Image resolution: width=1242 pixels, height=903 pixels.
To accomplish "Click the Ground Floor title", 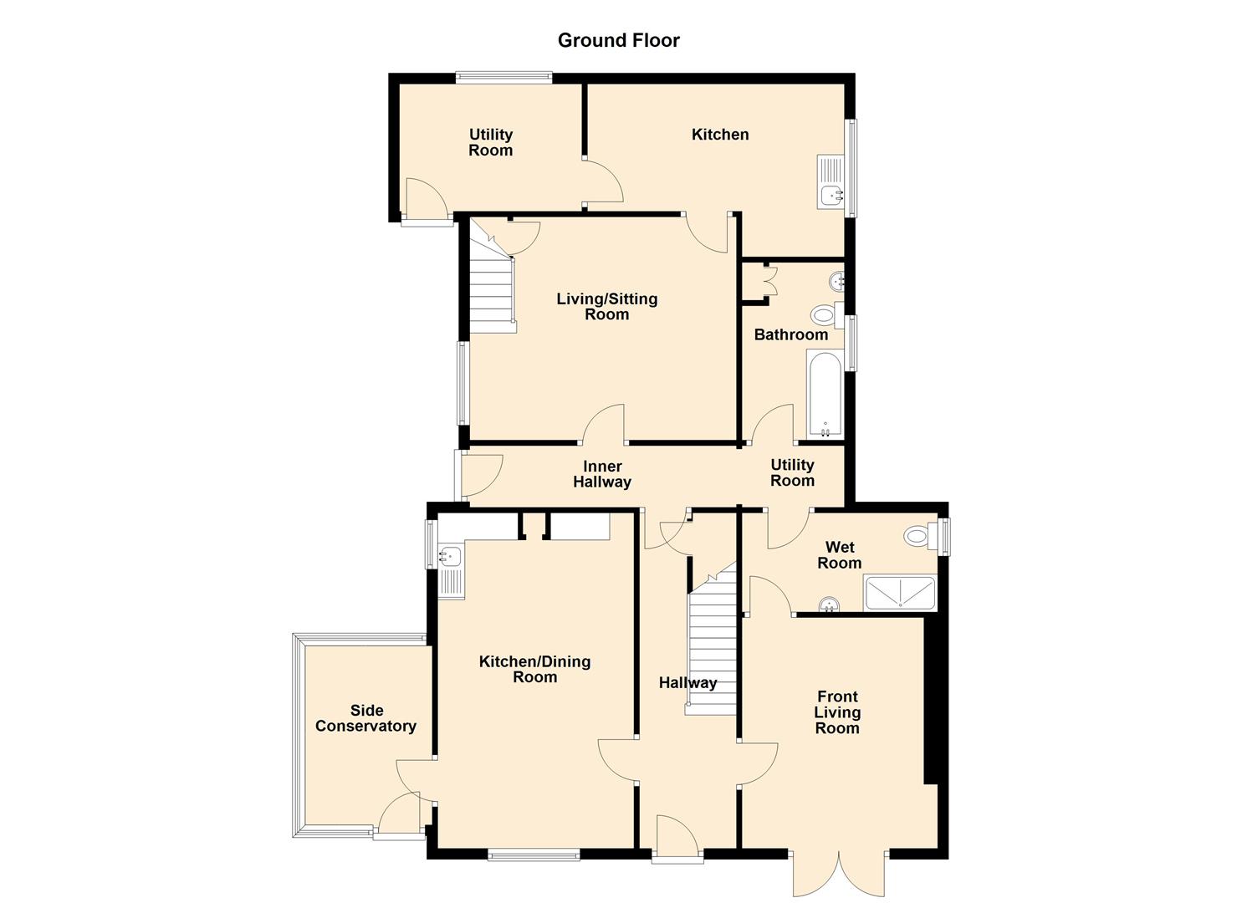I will coord(618,40).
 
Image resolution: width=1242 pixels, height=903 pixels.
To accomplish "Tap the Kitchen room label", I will coord(719,135).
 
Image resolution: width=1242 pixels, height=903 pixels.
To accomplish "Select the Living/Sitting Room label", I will coord(606,307).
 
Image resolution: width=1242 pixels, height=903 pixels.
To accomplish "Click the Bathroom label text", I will coord(790,334).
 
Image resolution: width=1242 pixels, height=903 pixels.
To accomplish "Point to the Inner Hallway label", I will coord(602,474).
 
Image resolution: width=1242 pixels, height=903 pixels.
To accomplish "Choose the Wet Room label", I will coord(839,555).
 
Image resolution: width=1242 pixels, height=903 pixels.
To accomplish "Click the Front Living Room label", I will coord(837,712).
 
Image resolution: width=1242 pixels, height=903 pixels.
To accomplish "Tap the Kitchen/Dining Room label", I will coord(534,669).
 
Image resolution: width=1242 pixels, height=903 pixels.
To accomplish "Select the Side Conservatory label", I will coord(365,718).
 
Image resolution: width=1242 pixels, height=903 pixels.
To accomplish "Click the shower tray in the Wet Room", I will coord(900,593).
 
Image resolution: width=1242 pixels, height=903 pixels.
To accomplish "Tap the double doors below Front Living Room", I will coord(838,874).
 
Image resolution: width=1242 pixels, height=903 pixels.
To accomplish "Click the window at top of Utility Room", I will coord(503,78).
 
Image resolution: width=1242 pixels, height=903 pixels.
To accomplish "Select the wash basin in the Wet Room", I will coord(829,604).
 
